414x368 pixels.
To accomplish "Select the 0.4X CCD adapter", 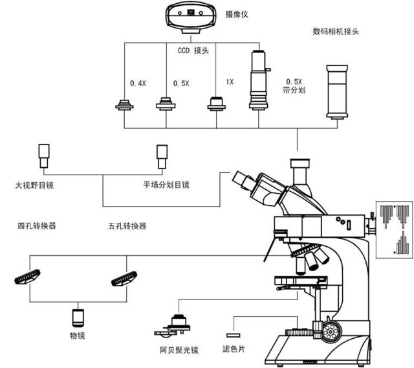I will pyautogui.click(x=125, y=106).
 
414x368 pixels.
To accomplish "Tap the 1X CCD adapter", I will pyautogui.click(x=215, y=104).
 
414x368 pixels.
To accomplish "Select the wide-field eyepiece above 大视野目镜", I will pyautogui.click(x=44, y=155).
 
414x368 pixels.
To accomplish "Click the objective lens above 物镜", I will pyautogui.click(x=78, y=318).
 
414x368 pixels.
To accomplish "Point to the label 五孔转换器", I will pyautogui.click(x=127, y=226).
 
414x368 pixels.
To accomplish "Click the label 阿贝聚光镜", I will pyautogui.click(x=179, y=351).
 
